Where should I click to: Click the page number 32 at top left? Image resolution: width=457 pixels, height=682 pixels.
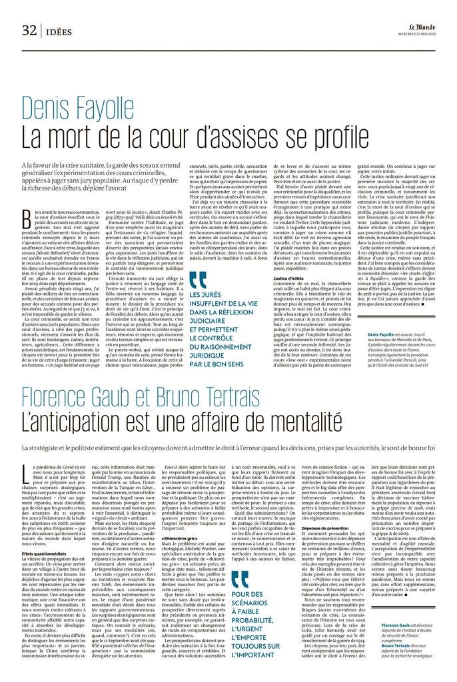28,29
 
